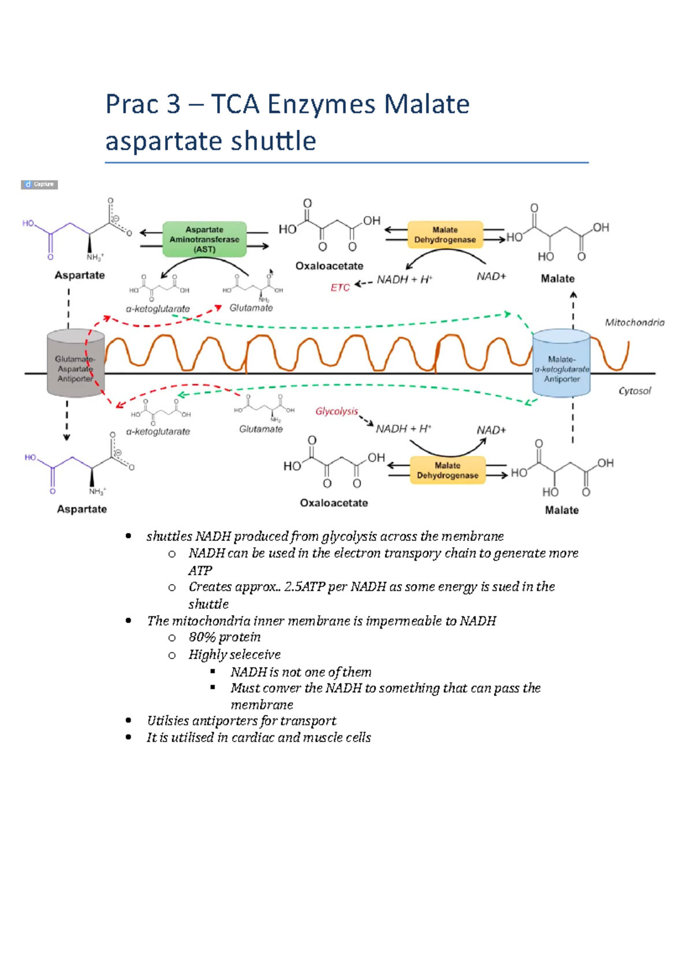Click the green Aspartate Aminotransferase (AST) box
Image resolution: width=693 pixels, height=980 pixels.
tap(204, 239)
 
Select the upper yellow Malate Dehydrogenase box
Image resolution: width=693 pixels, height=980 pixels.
tap(445, 234)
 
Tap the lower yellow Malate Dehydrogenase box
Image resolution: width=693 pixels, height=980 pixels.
tap(448, 470)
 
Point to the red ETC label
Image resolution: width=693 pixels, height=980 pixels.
tap(340, 287)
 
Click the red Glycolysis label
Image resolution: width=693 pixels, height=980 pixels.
tap(337, 411)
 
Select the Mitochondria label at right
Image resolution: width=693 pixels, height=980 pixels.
tap(634, 323)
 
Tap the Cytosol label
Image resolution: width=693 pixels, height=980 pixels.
tap(634, 391)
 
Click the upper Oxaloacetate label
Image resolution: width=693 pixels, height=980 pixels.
tap(329, 266)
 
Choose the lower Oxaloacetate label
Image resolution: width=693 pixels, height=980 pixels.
tap(334, 503)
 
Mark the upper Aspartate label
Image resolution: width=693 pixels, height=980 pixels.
tap(80, 275)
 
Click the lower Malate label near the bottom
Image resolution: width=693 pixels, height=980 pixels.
tap(561, 510)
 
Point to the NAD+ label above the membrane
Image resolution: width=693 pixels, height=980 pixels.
tap(491, 277)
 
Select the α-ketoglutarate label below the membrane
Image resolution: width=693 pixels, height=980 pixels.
tap(158, 432)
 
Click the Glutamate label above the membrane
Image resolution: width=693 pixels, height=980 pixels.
tap(251, 308)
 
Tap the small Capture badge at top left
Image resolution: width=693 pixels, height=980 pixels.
tap(39, 185)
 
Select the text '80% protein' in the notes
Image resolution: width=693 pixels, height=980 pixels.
tap(224, 637)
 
